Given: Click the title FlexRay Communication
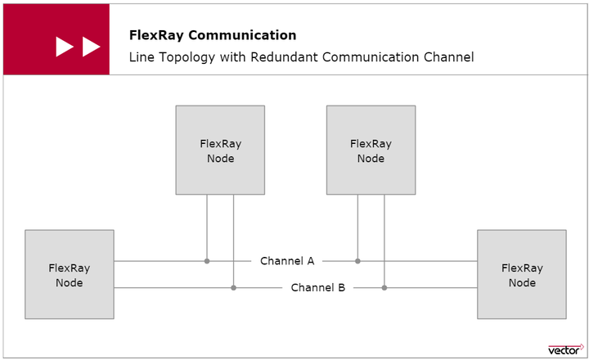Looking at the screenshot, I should click(x=213, y=35).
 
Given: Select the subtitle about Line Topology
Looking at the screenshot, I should click(x=301, y=58).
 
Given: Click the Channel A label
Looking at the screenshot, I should click(x=287, y=261).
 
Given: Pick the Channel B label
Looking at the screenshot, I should click(x=318, y=287).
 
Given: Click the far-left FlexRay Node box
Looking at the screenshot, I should click(x=70, y=274).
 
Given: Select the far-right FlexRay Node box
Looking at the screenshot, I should click(x=522, y=274).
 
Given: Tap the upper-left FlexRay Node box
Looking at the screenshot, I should click(x=220, y=151).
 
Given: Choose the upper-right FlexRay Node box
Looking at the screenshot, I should click(x=371, y=151).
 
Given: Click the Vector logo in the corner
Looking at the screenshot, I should click(x=564, y=349).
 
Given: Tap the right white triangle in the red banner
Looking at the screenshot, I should click(x=91, y=47).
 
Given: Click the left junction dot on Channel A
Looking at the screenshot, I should click(x=207, y=261).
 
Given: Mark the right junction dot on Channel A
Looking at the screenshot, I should click(x=357, y=261).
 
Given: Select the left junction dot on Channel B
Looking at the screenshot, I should click(x=234, y=287).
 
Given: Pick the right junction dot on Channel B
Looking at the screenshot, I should click(x=384, y=287).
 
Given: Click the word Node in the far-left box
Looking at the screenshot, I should click(x=70, y=282).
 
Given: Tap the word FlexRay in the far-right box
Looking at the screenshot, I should click(x=522, y=268).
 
